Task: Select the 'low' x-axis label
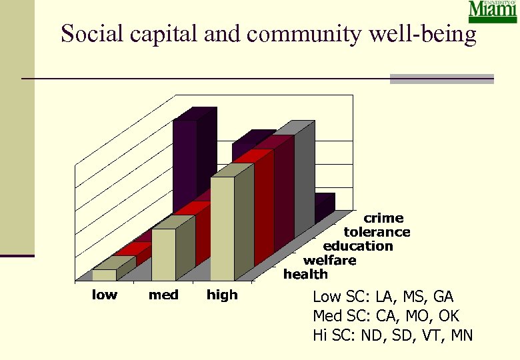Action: pos(104,295)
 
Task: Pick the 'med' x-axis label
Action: pos(163,295)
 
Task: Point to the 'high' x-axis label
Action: pos(222,295)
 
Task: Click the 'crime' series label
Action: pos(383,218)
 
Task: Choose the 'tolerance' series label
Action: pos(377,232)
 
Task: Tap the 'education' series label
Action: pos(358,246)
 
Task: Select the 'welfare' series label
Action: pos(329,260)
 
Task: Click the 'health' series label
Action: pos(305,274)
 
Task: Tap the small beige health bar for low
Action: pos(104,274)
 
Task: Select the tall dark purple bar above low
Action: pos(185,160)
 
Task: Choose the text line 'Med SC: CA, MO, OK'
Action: pos(386,316)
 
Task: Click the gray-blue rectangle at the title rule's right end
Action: pos(441,79)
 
